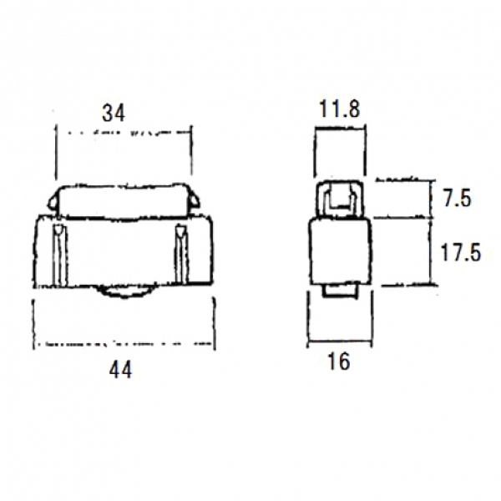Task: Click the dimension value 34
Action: pyautogui.click(x=113, y=113)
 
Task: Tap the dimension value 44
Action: pyautogui.click(x=120, y=370)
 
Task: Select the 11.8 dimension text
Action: pyautogui.click(x=339, y=109)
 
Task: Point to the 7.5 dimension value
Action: pyautogui.click(x=457, y=199)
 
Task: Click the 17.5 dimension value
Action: pyautogui.click(x=460, y=252)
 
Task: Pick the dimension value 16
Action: pyautogui.click(x=339, y=362)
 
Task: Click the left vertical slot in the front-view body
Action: pyautogui.click(x=60, y=255)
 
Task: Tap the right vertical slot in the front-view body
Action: pyautogui.click(x=181, y=255)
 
